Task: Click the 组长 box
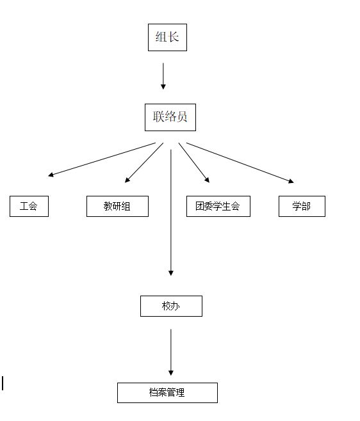[167, 37]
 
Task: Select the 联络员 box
[170, 117]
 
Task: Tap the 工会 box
[29, 206]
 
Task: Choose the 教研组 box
[117, 206]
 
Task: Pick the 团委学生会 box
[218, 206]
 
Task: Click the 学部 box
[302, 206]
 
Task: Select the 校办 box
[171, 306]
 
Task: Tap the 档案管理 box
[167, 393]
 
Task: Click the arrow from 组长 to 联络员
[163, 76]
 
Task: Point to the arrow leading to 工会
[102, 159]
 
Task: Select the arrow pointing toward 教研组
[144, 163]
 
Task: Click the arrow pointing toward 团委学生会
[194, 163]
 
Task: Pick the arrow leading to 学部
[240, 163]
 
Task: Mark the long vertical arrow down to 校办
[171, 212]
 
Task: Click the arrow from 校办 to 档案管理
[171, 353]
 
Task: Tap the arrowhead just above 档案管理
[171, 373]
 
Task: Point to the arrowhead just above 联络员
[163, 87]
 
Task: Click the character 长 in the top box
[173, 37]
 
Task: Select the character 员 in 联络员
[182, 117]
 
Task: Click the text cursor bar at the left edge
[3, 383]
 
